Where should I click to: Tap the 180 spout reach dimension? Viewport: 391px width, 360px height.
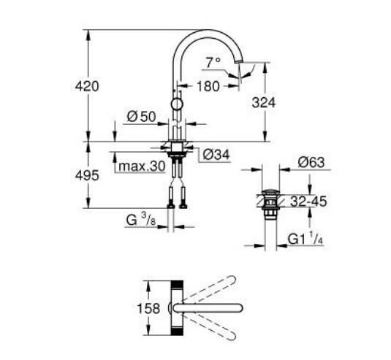208,86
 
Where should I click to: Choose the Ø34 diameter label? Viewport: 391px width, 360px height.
215,154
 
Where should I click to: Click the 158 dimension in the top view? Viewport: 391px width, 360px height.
148,308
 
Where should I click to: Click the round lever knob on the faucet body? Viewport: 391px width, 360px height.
177,104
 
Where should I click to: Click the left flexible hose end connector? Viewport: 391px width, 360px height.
171,204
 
